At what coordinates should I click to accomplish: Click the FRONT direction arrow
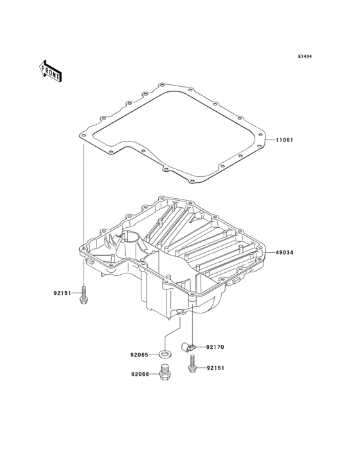(x=50, y=71)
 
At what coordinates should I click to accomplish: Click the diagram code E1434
(x=305, y=56)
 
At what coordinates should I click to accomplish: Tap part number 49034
(x=285, y=253)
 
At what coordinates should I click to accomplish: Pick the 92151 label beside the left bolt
(x=62, y=293)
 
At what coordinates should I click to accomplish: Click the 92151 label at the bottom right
(x=215, y=368)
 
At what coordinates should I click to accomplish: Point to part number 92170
(x=215, y=347)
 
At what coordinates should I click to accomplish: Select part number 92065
(x=139, y=355)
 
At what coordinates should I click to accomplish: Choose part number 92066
(x=139, y=374)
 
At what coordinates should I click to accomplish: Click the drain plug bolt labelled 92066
(x=164, y=373)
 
